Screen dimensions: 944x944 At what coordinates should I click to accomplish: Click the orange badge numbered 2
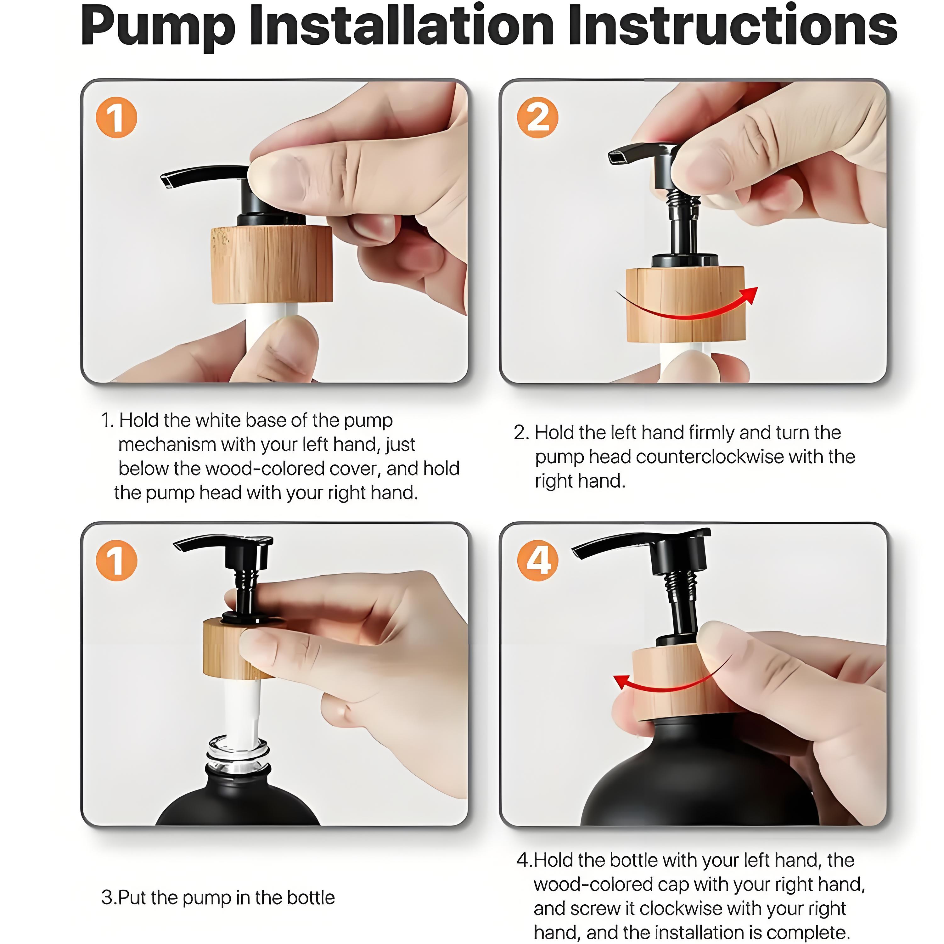pyautogui.click(x=537, y=117)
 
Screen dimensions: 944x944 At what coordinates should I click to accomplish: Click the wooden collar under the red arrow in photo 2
pyautogui.click(x=685, y=304)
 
